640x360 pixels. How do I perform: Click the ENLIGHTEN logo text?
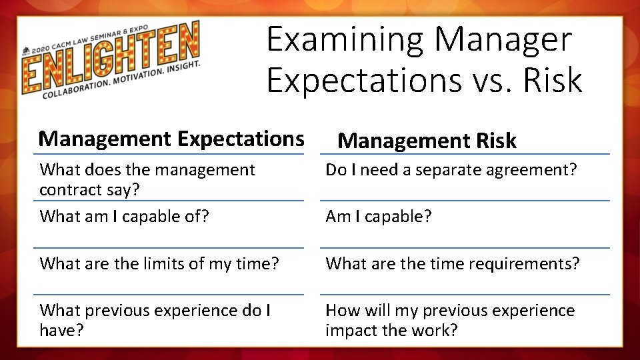[x=110, y=58]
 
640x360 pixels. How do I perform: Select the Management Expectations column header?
[x=171, y=139]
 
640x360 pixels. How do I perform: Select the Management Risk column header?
[x=427, y=141]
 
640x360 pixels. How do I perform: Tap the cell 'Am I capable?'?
[x=378, y=217]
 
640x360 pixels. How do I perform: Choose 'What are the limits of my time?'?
[x=159, y=263]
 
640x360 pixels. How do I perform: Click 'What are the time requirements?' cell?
[x=453, y=263]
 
